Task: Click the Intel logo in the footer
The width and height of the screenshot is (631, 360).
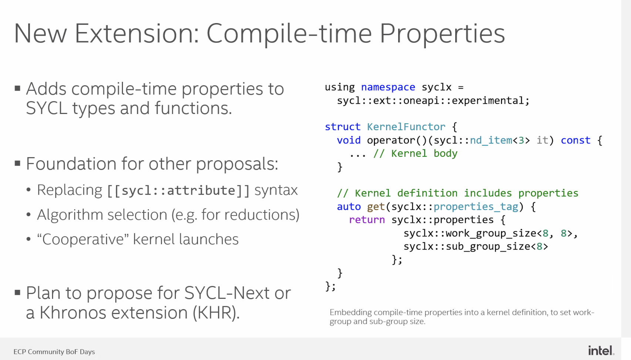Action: (x=601, y=351)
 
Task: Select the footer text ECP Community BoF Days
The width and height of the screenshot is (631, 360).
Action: (x=54, y=352)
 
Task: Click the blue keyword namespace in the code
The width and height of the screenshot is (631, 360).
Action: (x=388, y=87)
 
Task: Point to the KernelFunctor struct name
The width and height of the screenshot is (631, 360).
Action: (x=406, y=127)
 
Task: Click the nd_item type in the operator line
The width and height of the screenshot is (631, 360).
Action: (x=491, y=140)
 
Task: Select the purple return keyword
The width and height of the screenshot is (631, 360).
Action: (x=367, y=220)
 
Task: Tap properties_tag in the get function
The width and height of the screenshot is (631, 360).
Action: (x=476, y=207)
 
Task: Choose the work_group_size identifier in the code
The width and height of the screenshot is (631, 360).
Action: (x=491, y=233)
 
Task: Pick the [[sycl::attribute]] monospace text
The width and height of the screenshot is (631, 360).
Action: (x=178, y=191)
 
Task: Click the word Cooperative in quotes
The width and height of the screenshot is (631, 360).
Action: (x=83, y=240)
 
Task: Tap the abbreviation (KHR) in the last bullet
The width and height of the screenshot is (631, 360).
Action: (x=216, y=313)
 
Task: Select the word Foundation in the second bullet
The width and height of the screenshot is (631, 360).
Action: (x=71, y=163)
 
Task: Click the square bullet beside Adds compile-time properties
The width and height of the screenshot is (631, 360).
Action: (x=17, y=88)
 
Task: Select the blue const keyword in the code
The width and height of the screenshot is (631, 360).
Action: (x=576, y=140)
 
